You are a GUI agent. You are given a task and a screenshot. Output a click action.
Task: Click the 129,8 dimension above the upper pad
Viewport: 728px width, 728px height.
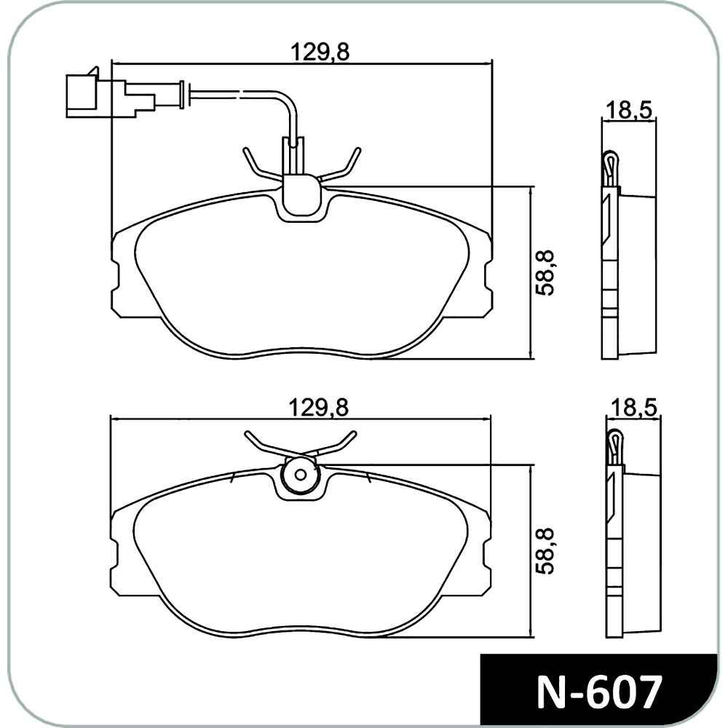[x=319, y=52]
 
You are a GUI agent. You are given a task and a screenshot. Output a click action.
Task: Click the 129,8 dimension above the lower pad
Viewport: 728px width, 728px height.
[x=319, y=408]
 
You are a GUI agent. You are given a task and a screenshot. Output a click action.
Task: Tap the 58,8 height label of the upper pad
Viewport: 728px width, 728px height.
[x=544, y=273]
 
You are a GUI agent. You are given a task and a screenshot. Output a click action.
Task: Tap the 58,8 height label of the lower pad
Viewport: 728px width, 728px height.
[x=544, y=550]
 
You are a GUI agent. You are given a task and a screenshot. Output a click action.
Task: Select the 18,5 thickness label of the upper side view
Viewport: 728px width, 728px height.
[x=629, y=111]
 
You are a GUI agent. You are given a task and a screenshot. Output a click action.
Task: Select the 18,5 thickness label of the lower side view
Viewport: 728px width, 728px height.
[x=633, y=408]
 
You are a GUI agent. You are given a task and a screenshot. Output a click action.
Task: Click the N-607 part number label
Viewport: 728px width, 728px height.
[x=599, y=693]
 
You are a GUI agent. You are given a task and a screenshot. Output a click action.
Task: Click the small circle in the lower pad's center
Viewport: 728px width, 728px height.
[x=301, y=475]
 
